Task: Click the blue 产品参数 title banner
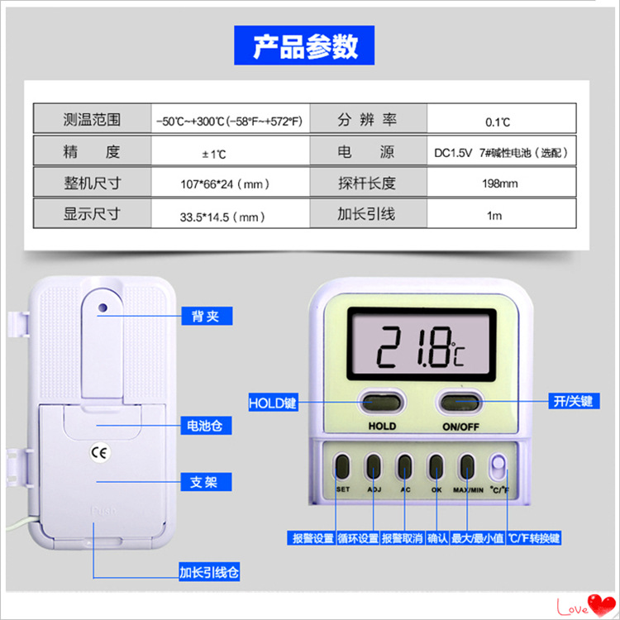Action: pos(304,45)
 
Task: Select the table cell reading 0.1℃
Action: pos(498,122)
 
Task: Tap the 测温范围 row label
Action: pos(92,120)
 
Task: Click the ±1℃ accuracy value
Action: pos(213,154)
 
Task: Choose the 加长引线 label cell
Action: pos(366,214)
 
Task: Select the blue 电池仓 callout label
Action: pos(205,427)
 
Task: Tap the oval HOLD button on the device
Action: pos(381,403)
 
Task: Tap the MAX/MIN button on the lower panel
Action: pos(467,468)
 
